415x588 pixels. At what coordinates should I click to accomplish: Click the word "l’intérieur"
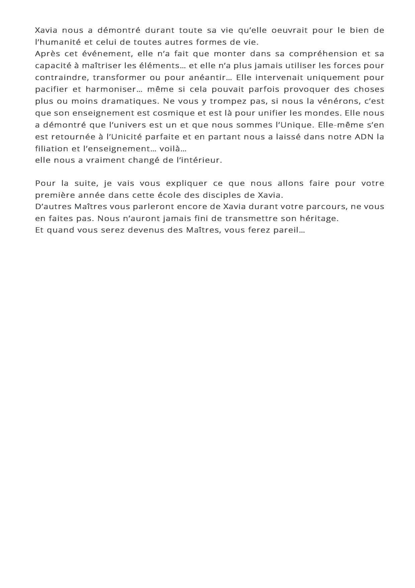pos(202,160)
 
